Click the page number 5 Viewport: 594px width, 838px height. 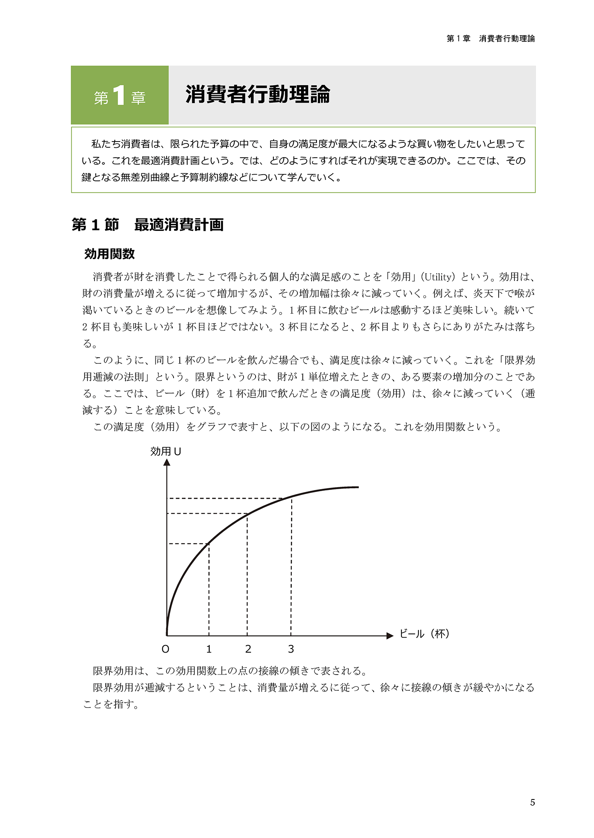point(532,802)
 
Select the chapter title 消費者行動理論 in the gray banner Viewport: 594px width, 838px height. point(257,95)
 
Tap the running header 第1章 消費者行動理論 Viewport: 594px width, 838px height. point(490,38)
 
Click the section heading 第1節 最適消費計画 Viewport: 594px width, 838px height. point(147,225)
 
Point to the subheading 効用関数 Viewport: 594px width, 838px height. point(109,254)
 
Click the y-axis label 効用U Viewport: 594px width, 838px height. point(165,451)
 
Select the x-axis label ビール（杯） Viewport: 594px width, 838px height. point(424,634)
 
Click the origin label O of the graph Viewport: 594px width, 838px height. point(165,649)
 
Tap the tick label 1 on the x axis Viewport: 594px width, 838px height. point(209,649)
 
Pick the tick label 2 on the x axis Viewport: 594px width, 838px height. point(248,649)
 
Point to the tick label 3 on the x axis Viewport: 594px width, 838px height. point(291,649)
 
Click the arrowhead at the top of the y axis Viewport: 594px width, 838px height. point(167,462)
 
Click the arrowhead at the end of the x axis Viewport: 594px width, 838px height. point(389,636)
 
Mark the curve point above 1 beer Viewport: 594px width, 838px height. point(209,543)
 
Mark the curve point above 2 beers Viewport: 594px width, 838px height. point(247,514)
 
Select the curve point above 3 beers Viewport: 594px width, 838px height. point(291,497)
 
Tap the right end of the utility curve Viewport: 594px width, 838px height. point(357,487)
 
